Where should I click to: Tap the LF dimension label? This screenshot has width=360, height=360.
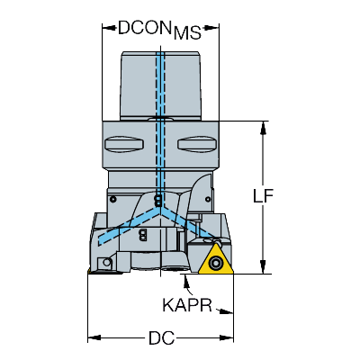tap(263, 196)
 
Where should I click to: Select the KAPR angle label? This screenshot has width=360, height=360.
tap(187, 305)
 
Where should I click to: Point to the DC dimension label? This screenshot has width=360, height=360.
tap(161, 338)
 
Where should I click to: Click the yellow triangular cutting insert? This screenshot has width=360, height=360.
tap(216, 260)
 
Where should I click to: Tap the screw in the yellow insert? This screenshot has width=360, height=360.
tap(215, 264)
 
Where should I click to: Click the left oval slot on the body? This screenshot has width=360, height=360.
tap(124, 144)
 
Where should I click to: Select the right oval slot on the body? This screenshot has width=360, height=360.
tap(197, 144)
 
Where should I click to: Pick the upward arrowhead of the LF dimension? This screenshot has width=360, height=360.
tap(263, 128)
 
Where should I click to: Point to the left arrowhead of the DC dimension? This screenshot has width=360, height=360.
tap(94, 338)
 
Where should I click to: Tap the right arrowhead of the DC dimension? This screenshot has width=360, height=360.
tap(227, 338)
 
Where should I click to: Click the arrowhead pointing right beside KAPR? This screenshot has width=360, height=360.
tap(227, 311)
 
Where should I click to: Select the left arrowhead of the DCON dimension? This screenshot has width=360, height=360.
tap(109, 28)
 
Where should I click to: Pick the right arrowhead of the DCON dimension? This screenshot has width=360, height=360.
tap(212, 28)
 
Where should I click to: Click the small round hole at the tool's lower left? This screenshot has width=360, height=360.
tap(107, 263)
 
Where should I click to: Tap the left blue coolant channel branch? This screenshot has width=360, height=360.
tap(130, 226)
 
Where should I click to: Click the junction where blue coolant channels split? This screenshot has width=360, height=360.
tap(161, 211)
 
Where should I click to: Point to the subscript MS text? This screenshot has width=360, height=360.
tap(187, 33)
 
